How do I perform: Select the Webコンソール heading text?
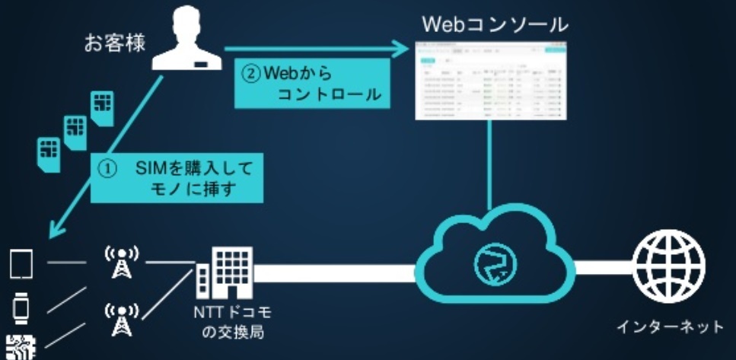[495, 25]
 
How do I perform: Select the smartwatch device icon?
[21, 307]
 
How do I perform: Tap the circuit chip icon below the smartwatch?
[20, 346]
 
